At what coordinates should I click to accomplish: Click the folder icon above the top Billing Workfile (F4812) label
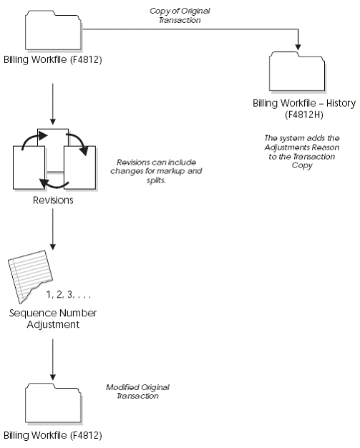pos(52,29)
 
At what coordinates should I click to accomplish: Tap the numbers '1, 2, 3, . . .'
pos(69,294)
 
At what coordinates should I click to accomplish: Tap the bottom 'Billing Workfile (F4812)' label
pos(52,435)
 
